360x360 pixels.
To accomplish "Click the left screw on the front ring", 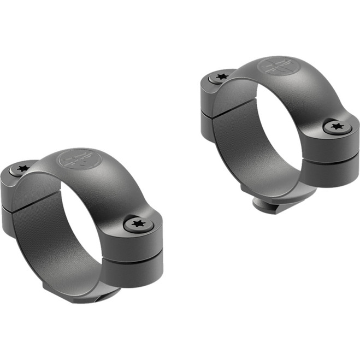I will [22, 169].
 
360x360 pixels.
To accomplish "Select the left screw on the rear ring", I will [222, 76].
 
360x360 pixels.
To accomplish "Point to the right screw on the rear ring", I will [335, 127].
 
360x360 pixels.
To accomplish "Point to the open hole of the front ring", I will [82, 219].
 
